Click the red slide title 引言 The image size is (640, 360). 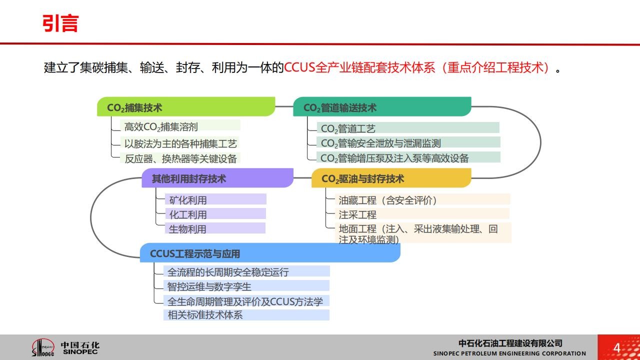pyautogui.click(x=60, y=23)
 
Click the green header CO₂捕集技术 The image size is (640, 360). pyautogui.click(x=134, y=107)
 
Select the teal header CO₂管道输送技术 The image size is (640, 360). pyautogui.click(x=339, y=107)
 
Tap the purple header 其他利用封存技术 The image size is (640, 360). pyautogui.click(x=189, y=179)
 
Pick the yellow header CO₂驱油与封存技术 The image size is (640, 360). pyautogui.click(x=363, y=179)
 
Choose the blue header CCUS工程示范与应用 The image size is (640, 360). pyautogui.click(x=195, y=253)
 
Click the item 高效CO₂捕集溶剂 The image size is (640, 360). pyautogui.click(x=161, y=127)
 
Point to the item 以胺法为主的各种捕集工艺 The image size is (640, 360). pyautogui.click(x=180, y=143)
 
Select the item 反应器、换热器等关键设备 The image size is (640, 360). pyautogui.click(x=180, y=158)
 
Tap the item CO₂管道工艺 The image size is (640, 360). pyautogui.click(x=348, y=129)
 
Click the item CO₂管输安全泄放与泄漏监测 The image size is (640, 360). pyautogui.click(x=381, y=143)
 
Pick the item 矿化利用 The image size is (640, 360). pyautogui.click(x=187, y=200)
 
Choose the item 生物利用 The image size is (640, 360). pyautogui.click(x=187, y=229)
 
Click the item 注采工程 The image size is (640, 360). pyautogui.click(x=357, y=215)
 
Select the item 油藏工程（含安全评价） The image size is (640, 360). pyautogui.click(x=387, y=200)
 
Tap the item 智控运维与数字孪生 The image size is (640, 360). pyautogui.click(x=209, y=286)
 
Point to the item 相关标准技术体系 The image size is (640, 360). pyautogui.click(x=205, y=315)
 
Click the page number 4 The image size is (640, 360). pyautogui.click(x=617, y=348)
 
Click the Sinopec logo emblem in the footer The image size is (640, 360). pyautogui.click(x=43, y=347)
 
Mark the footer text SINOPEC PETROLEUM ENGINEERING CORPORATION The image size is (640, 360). pyautogui.click(x=509, y=353)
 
